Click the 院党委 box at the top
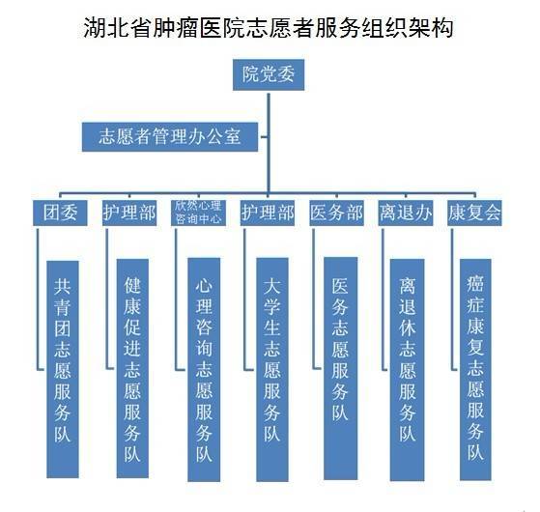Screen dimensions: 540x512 pos(269,74)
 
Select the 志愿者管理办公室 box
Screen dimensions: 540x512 pos(170,136)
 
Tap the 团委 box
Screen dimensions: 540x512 pos(60,213)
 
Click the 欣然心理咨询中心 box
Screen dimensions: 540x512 pos(198,213)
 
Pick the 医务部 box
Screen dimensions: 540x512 pos(336,213)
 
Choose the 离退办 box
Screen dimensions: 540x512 pos(406,213)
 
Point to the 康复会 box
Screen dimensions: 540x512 pos(474,213)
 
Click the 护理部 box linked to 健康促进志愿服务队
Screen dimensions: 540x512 pos(129,213)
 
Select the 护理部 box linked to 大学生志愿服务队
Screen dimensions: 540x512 pos(268,213)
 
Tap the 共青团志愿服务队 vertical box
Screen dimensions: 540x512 pos(63,369)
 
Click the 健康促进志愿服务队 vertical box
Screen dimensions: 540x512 pos(132,368)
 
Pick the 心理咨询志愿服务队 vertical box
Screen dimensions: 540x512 pos(204,369)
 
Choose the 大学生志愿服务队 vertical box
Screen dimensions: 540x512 pos(272,369)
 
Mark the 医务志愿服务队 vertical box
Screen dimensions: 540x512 pos(341,368)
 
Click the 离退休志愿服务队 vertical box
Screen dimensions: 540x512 pos(407,370)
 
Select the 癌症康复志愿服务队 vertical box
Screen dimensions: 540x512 pos(475,369)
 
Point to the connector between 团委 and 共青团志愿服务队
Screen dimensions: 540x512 pos(38,299)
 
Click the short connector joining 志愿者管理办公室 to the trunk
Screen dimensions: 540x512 pos(263,137)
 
